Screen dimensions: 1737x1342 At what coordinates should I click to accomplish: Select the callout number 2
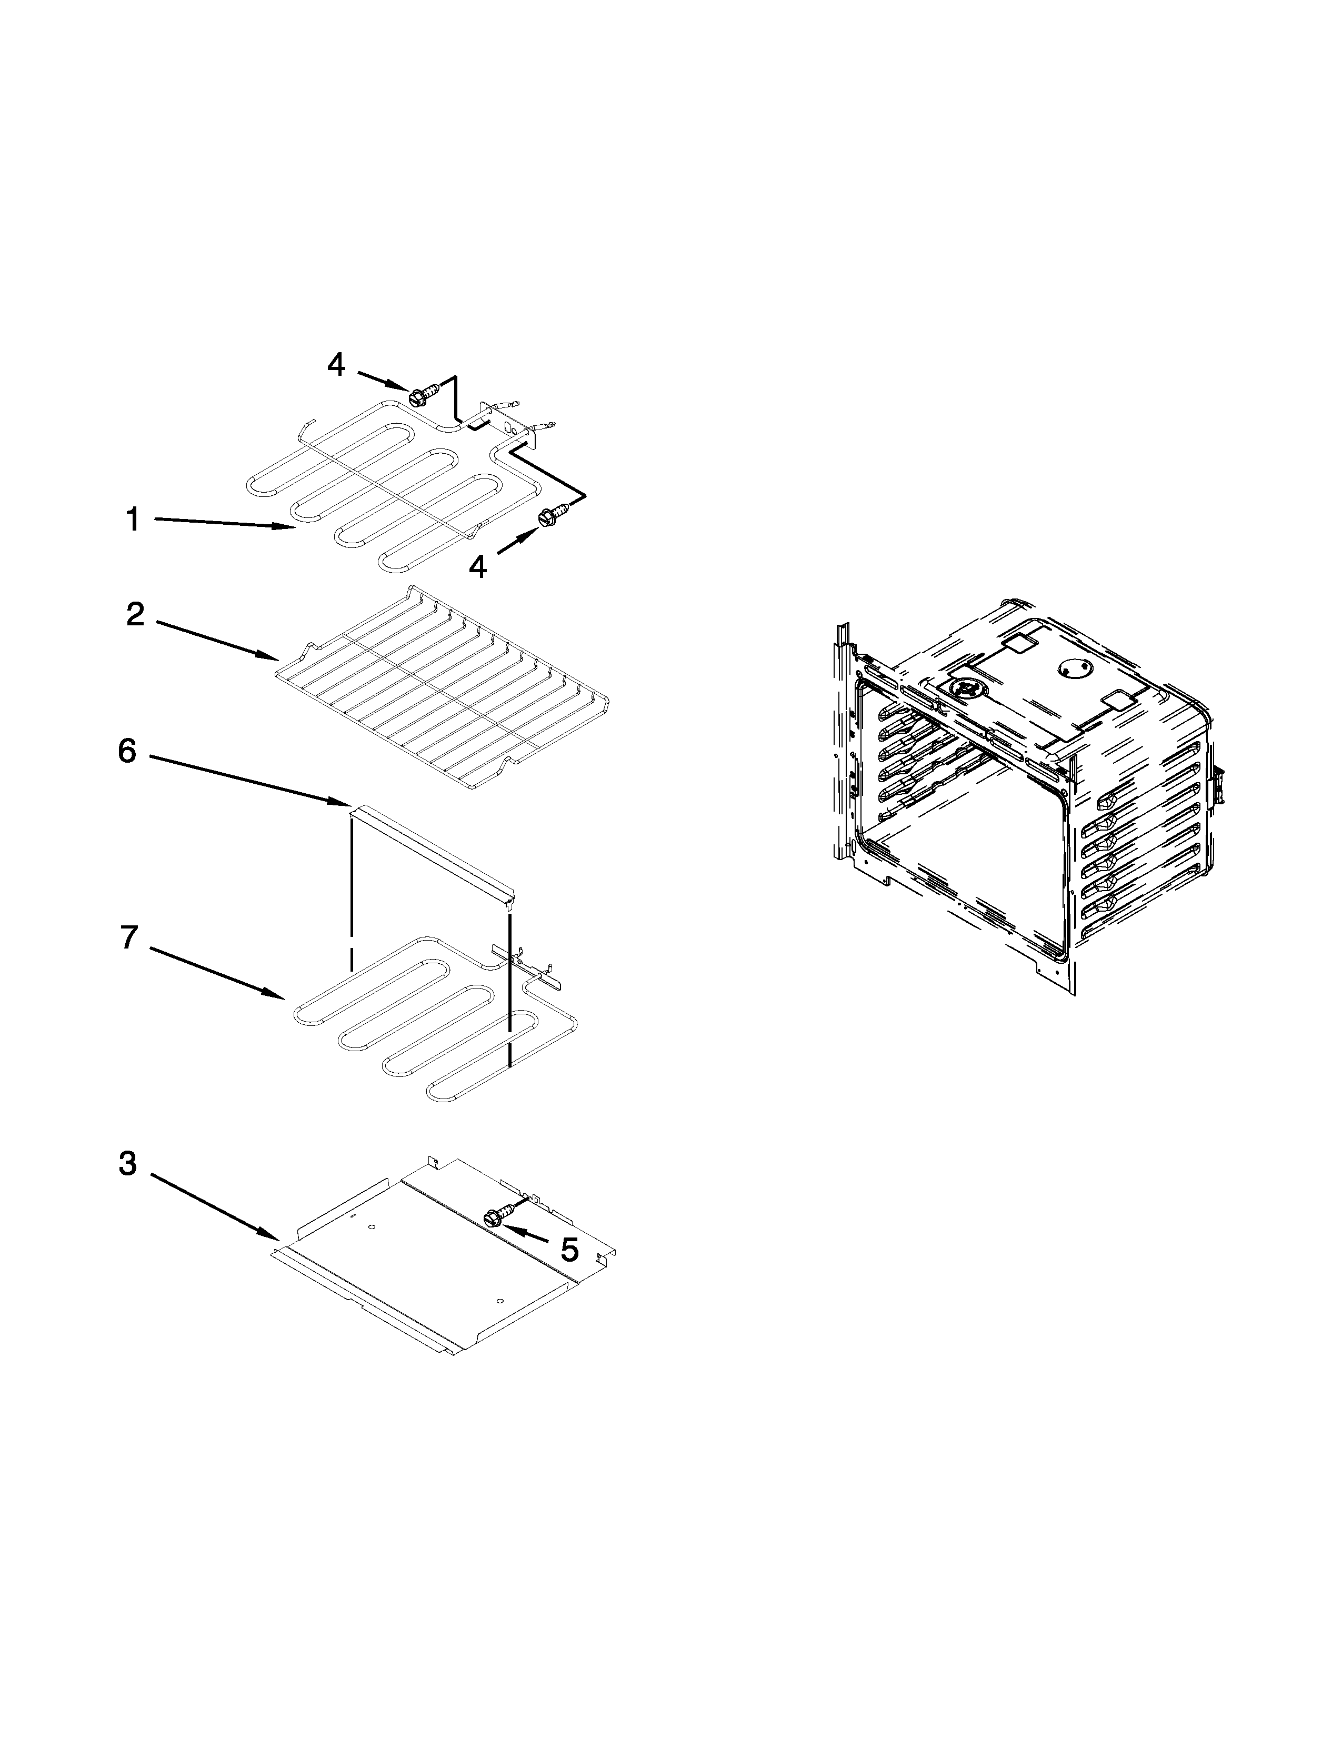click(135, 615)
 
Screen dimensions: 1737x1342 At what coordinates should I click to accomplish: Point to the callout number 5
click(569, 1250)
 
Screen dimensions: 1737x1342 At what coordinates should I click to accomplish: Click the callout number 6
click(127, 751)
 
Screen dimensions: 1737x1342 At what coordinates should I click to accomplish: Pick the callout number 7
click(129, 937)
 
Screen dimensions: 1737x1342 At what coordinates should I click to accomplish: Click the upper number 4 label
click(336, 365)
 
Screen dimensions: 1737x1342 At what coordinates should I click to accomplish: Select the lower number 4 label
click(477, 566)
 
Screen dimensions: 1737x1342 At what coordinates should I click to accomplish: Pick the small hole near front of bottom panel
click(498, 1300)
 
